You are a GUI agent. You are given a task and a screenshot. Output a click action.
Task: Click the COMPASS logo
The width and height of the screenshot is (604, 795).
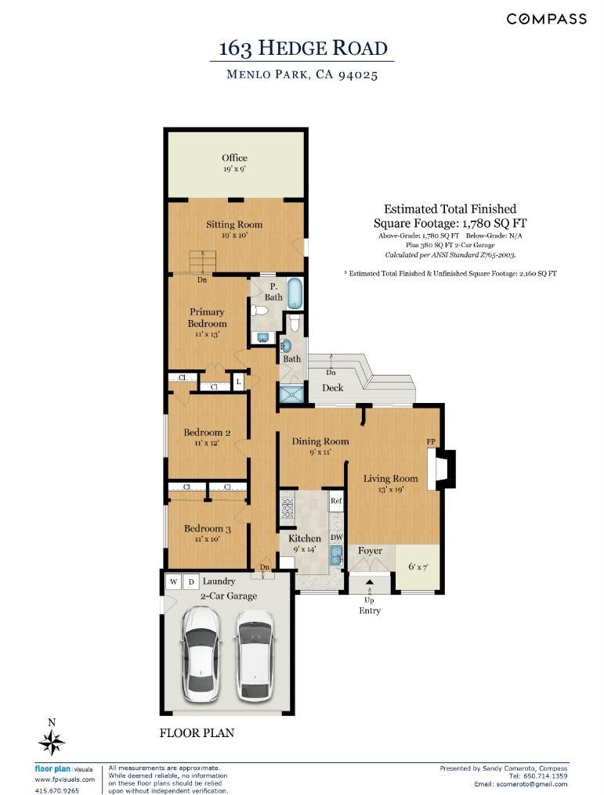547,20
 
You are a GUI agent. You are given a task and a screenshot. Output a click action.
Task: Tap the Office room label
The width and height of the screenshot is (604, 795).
234,158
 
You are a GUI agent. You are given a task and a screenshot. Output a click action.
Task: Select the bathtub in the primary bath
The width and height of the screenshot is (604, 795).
295,293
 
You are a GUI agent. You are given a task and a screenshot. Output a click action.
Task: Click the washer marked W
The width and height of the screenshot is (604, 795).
174,581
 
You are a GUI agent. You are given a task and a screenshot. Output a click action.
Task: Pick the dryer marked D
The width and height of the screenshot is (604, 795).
191,581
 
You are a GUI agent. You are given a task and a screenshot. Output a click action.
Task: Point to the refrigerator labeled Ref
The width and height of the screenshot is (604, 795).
336,501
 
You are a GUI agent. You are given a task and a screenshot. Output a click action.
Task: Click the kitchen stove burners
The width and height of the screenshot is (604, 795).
288,508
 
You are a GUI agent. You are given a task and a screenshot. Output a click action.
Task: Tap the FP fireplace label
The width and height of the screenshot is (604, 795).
431,441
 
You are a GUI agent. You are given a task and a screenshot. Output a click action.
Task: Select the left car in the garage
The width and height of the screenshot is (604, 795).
201,655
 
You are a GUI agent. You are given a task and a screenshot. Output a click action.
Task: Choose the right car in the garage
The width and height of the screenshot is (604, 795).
255,655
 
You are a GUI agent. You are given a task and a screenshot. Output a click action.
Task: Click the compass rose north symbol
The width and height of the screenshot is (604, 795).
51,743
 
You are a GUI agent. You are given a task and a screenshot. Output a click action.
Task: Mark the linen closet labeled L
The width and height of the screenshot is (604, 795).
238,381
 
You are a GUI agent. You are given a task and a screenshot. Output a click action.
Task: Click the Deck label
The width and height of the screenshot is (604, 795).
333,388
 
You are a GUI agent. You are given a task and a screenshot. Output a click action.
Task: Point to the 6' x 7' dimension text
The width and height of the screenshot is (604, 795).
418,567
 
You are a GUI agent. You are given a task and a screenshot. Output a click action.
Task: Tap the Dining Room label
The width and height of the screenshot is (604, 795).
320,441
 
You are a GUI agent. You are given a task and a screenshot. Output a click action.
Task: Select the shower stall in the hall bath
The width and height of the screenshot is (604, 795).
292,394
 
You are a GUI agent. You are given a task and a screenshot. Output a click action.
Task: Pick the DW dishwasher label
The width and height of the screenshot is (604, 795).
337,537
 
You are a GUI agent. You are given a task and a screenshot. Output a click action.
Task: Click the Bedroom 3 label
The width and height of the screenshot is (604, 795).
207,528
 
